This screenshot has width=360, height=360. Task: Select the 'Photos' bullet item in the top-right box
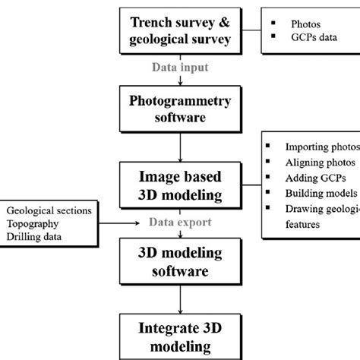(300, 23)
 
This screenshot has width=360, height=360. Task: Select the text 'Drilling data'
(35, 237)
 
